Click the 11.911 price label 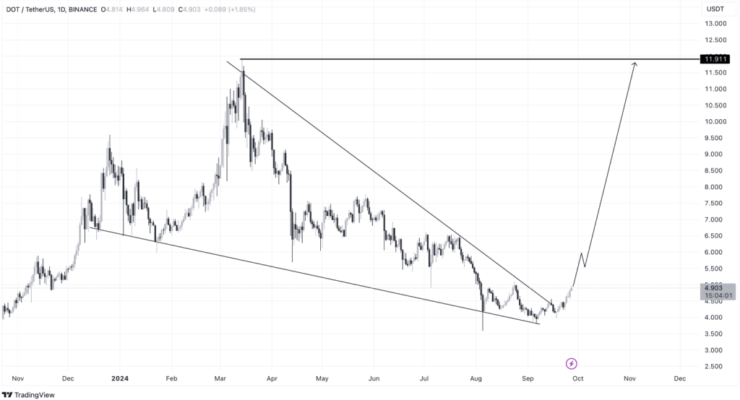coord(715,59)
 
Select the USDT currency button coord(715,9)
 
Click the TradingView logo coord(28,394)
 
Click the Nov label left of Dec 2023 coord(18,378)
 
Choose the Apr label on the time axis coord(272,378)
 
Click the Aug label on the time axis coord(476,378)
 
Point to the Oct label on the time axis coord(577,378)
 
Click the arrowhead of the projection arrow coord(635,64)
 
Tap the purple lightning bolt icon coord(571,362)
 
